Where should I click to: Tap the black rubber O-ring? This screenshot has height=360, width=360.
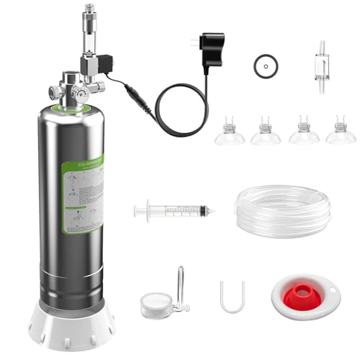pyautogui.click(x=266, y=66)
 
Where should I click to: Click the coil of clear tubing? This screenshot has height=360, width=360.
pyautogui.click(x=282, y=210)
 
